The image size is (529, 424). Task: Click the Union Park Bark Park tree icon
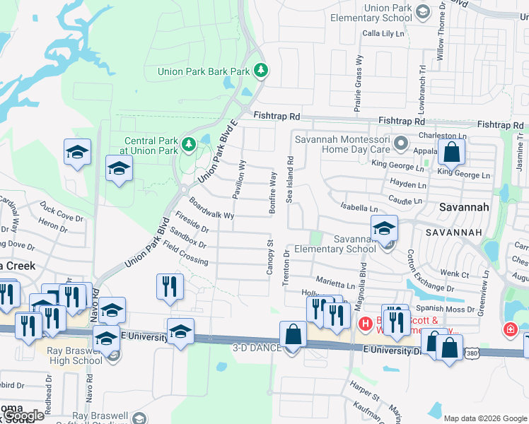pos(261,70)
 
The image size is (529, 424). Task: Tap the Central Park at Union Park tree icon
pos(189,145)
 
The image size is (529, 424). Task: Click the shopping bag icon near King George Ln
pos(451,152)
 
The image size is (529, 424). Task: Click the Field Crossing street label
pos(185,253)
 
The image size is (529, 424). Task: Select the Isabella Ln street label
pos(359,208)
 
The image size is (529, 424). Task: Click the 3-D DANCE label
pos(257,348)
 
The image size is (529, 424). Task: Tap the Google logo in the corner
pos(24,416)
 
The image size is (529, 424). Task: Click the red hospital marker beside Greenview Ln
pos(509,329)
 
